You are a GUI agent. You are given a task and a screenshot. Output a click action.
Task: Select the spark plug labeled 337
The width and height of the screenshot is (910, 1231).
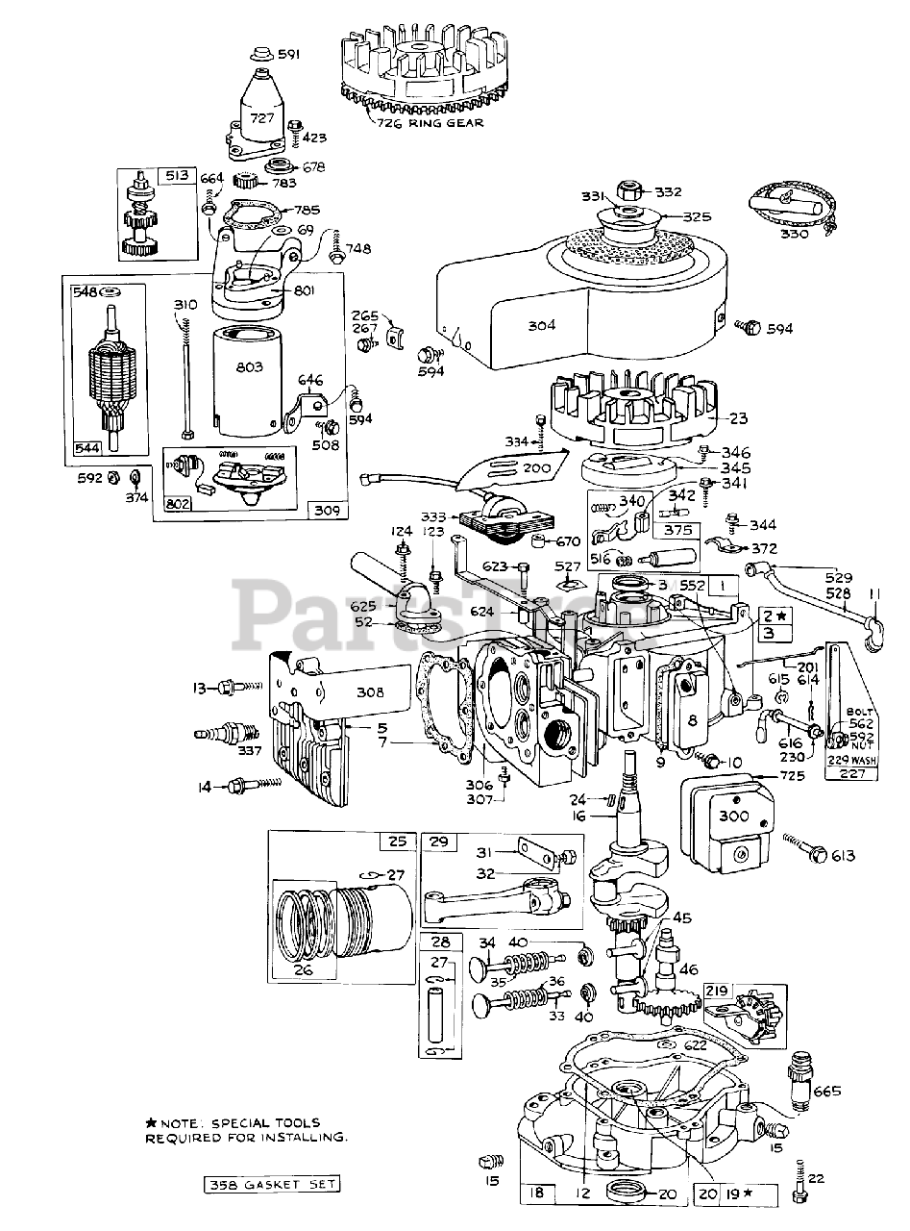point(222,738)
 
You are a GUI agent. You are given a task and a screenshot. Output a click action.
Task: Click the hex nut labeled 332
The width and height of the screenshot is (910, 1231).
point(631,191)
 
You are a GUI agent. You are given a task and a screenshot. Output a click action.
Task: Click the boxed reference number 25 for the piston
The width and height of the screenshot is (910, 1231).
point(396,842)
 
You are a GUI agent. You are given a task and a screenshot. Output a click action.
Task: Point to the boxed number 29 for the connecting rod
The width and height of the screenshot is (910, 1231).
point(438,842)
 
